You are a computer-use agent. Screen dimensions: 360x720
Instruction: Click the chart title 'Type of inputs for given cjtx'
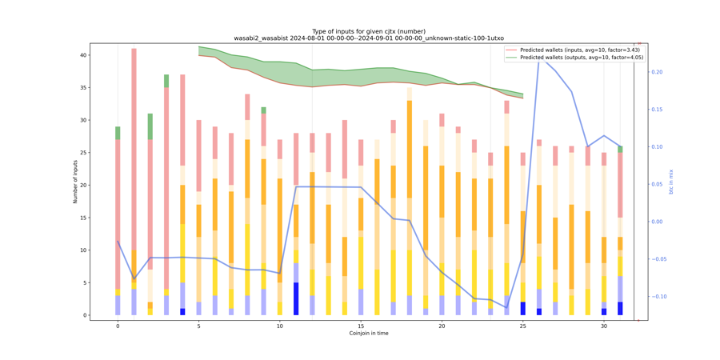pos(368,31)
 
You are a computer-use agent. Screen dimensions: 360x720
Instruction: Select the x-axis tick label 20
pos(442,326)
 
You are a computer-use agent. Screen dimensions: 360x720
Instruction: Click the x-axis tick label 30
pos(604,326)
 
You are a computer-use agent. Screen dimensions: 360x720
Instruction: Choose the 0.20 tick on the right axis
pos(656,72)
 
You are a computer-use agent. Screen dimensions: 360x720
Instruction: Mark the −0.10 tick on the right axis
pos(658,297)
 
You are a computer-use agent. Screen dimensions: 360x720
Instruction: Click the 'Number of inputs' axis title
pos(76,181)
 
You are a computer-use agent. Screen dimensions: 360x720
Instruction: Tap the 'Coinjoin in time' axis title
pos(369,334)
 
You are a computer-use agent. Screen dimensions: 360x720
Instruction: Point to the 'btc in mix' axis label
pos(672,181)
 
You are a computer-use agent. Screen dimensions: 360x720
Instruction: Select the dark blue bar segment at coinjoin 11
pos(296,298)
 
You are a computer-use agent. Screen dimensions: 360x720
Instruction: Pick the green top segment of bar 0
pos(118,133)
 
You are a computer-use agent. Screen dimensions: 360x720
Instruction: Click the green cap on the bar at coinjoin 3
pos(166,81)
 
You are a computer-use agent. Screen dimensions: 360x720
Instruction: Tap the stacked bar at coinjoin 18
pos(410,200)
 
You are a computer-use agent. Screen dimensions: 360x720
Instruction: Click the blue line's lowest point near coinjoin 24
pos(506,307)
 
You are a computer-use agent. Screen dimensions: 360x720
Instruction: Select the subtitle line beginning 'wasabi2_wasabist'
pos(368,38)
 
